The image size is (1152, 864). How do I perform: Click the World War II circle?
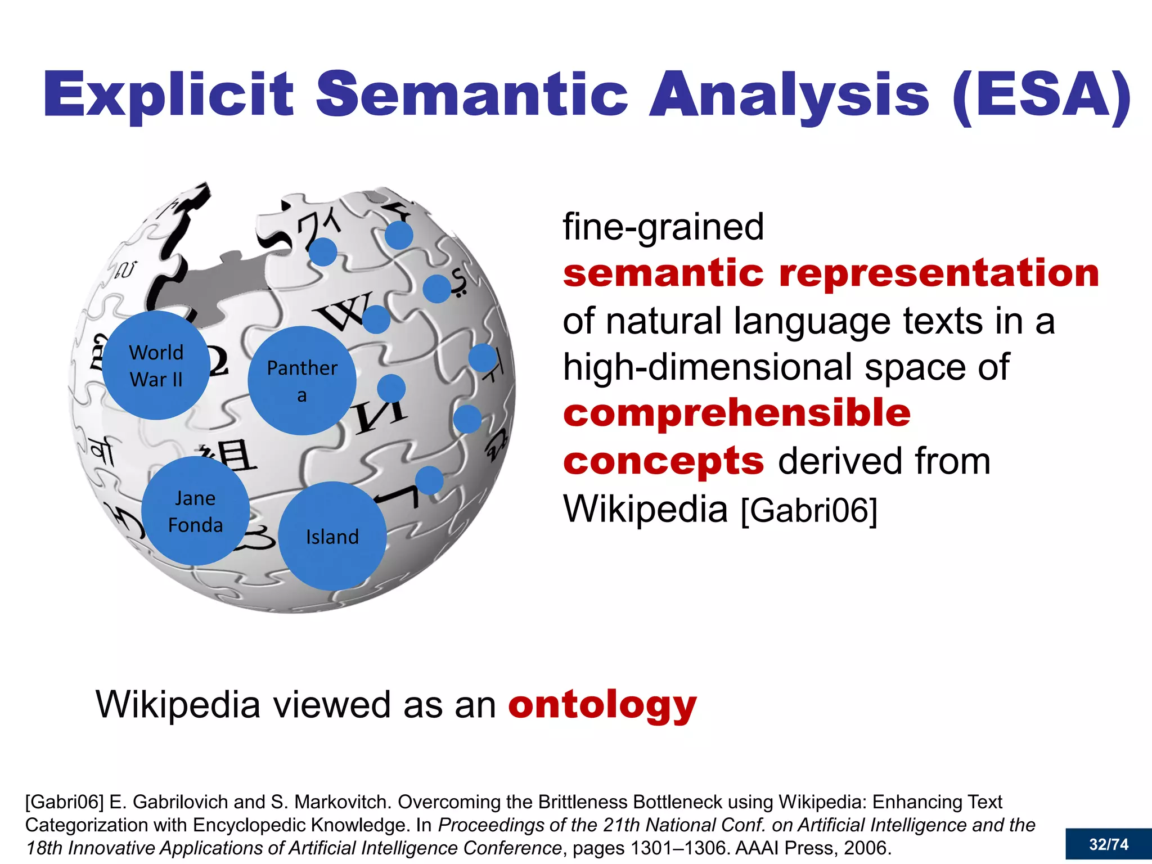click(x=156, y=366)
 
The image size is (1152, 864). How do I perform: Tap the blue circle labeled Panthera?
click(x=302, y=381)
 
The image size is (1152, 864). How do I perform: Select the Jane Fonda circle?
click(x=195, y=511)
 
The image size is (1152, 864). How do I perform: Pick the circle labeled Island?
click(x=332, y=536)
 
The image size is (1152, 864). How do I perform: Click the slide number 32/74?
click(x=1108, y=844)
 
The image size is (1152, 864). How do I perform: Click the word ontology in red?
click(x=602, y=704)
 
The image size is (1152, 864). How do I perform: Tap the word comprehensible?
click(x=736, y=412)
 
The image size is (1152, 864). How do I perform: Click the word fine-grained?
click(x=663, y=227)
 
